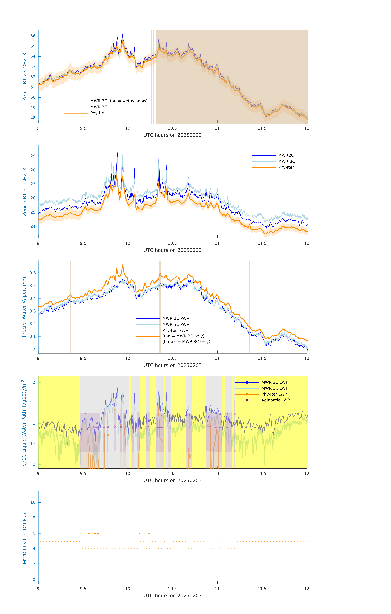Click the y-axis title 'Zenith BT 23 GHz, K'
pyautogui.click(x=25, y=77)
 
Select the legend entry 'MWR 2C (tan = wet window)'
pyautogui.click(x=119, y=101)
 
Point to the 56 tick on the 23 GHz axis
pyautogui.click(x=33, y=36)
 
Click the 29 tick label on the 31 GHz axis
pyautogui.click(x=33, y=156)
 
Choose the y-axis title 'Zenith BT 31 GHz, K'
pyautogui.click(x=25, y=192)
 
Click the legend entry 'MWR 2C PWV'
pyautogui.click(x=176, y=318)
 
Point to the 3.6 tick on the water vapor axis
pyautogui.click(x=33, y=273)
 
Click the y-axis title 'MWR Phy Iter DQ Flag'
pyautogui.click(x=25, y=537)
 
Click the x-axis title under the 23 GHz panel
pyautogui.click(x=172, y=135)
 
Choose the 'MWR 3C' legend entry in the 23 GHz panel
pyautogui.click(x=99, y=107)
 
